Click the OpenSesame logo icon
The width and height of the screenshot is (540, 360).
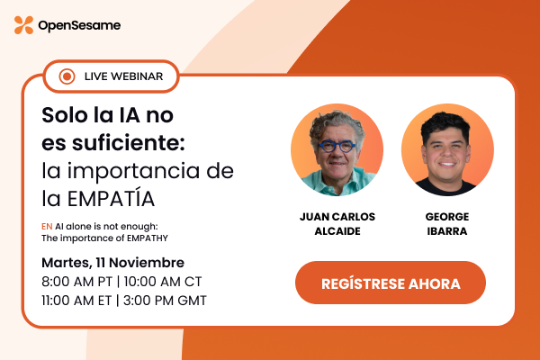pos(23,25)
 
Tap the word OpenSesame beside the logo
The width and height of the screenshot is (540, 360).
pos(79,26)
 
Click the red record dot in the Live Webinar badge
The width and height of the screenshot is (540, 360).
pos(66,76)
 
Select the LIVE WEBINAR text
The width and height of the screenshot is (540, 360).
pos(123,76)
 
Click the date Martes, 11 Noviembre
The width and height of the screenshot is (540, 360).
pos(113,263)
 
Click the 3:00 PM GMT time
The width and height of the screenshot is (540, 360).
pos(166,301)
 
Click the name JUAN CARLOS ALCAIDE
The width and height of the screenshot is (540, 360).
pos(337,224)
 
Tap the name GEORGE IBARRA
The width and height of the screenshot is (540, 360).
pos(447,224)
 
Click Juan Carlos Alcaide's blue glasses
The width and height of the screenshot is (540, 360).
pos(337,147)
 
